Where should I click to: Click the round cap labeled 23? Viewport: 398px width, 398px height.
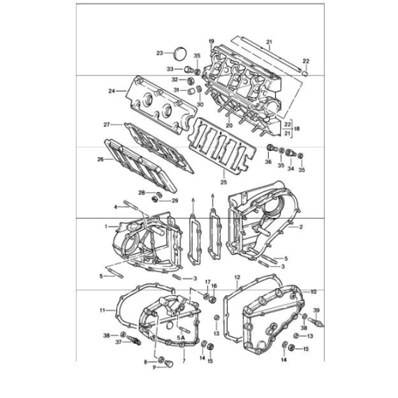click(x=179, y=54)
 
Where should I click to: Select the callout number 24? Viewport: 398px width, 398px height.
click(x=112, y=91)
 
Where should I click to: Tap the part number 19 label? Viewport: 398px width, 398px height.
click(x=212, y=41)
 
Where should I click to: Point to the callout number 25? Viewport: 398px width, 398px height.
click(x=223, y=182)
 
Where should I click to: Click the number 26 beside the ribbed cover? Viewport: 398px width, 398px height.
click(x=101, y=159)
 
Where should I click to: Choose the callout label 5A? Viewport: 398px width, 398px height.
click(x=181, y=337)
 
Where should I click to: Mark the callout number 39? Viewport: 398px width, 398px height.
click(x=316, y=310)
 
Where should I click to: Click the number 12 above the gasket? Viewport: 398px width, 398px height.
click(x=237, y=277)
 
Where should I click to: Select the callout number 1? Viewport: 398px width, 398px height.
click(x=106, y=226)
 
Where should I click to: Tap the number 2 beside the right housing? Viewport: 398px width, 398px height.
click(x=301, y=227)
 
